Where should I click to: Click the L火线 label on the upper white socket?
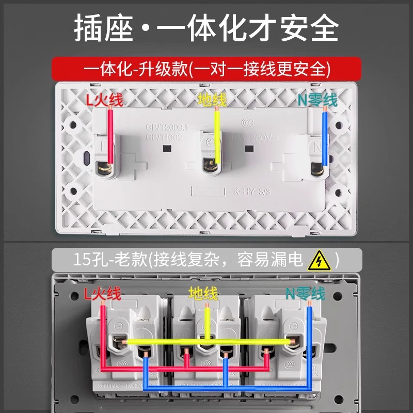(104, 100)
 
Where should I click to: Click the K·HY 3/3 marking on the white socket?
(251, 191)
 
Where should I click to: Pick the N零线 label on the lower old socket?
(306, 294)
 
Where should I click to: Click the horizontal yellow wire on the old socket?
(206, 342)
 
